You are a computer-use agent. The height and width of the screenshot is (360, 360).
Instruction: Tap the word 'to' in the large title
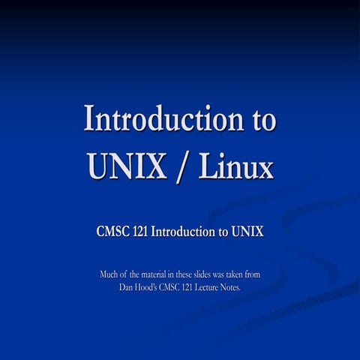pos(259,120)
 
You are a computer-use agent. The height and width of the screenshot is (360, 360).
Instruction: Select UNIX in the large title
pos(127,166)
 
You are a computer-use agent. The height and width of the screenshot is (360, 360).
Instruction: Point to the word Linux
pos(235,166)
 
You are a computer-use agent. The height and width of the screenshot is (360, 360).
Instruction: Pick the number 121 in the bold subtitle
pos(140,232)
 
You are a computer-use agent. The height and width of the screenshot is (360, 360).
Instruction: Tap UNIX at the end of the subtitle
pos(247,232)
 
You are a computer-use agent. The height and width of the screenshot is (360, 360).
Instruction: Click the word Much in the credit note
pos(110,274)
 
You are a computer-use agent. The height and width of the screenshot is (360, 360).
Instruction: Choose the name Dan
pos(127,287)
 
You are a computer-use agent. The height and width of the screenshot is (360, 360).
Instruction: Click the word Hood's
pos(150,287)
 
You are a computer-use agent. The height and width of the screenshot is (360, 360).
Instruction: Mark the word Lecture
pos(208,287)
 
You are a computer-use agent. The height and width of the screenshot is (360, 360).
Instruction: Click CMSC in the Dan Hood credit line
pos(175,287)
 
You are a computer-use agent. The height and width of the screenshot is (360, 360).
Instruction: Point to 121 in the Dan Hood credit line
pos(192,287)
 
